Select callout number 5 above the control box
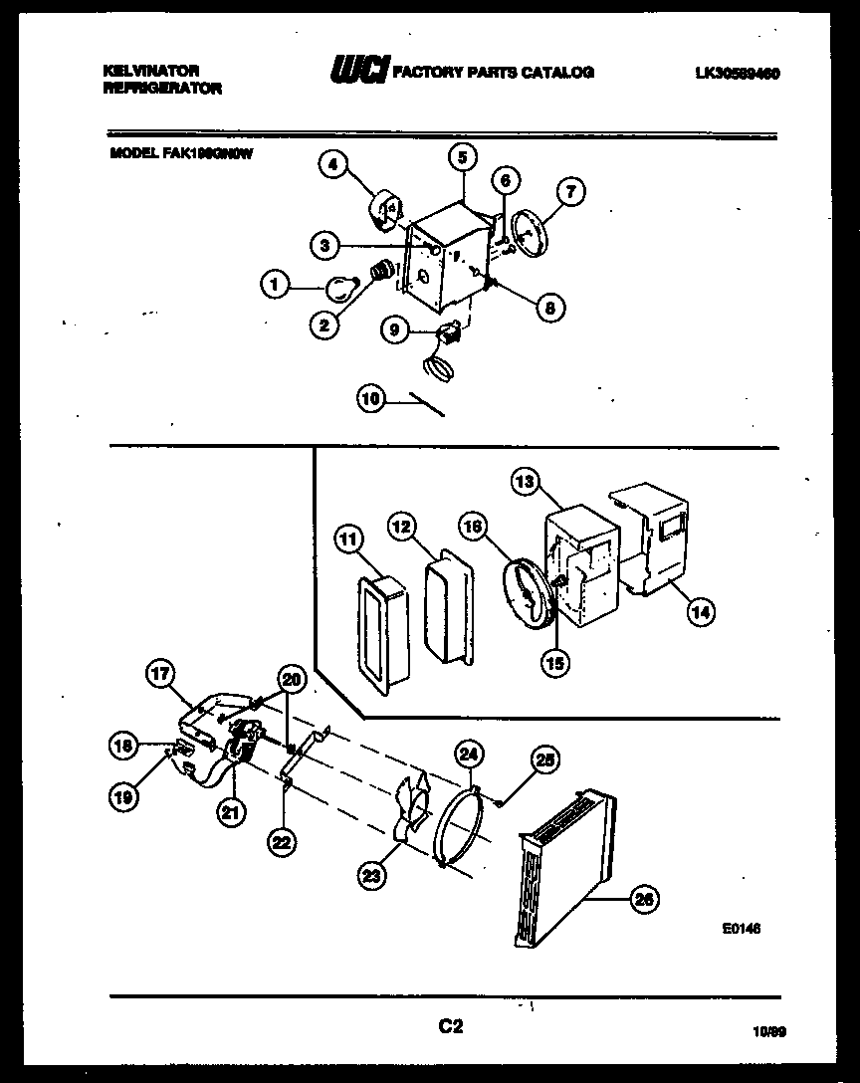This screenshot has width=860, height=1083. point(462,155)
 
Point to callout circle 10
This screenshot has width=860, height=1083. point(370,399)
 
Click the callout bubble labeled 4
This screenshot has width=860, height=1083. point(332,166)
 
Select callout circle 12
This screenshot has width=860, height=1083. point(400,528)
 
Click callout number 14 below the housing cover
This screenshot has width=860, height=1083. point(701,612)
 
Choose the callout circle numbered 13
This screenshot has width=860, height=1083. point(526,483)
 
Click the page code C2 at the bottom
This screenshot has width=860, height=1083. point(452,1026)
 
